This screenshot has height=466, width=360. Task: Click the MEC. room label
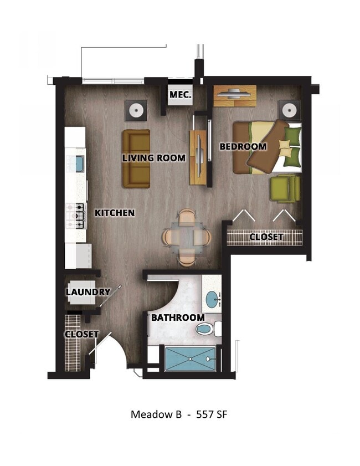pos(181,95)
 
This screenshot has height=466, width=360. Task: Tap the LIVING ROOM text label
pos(153,158)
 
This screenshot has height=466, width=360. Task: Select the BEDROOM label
pos(243,147)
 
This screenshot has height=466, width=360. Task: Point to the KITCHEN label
pos(115,213)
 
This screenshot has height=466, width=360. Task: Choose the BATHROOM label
pos(178,318)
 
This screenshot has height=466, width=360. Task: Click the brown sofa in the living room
pos(136,158)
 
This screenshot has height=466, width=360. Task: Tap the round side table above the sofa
pos(135,110)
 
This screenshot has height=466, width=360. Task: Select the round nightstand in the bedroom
pos(289,110)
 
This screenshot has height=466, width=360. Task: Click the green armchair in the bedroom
pos(285,188)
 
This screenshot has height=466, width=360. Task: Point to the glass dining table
pos(187,237)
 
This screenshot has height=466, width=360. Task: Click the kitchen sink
pos(79,164)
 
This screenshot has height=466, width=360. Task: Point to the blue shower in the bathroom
pos(190,359)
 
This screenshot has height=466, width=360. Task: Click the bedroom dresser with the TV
pos(235,95)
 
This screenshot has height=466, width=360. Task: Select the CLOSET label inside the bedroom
pos(266,237)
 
